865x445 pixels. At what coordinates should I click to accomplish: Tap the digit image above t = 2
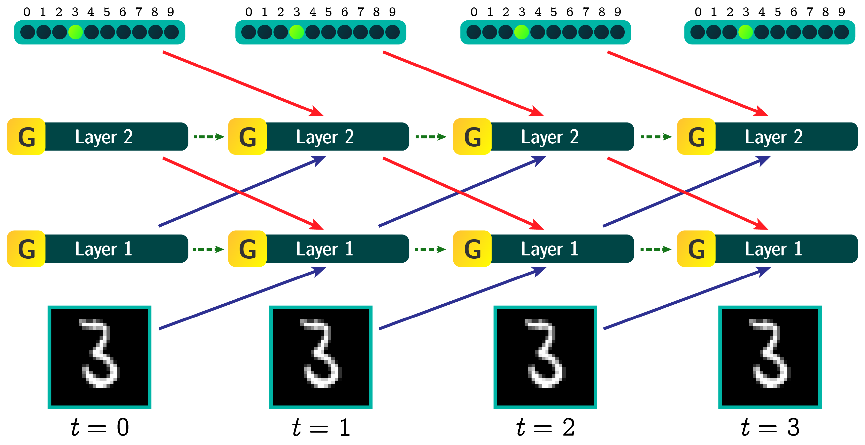point(545,357)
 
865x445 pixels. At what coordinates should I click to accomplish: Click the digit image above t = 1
point(321,357)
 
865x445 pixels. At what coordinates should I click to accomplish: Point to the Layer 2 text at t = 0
point(104,137)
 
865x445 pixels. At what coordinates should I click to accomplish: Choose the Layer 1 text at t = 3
point(774,249)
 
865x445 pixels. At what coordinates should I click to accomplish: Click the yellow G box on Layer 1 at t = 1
point(248,249)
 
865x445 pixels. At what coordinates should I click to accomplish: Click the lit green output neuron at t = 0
point(75,32)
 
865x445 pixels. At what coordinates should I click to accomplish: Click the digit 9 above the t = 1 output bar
point(392,12)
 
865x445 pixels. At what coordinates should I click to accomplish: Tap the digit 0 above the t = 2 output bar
point(474,12)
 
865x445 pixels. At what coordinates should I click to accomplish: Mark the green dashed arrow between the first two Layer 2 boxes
point(209,137)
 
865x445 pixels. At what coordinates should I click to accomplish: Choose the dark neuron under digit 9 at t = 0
point(172,32)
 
